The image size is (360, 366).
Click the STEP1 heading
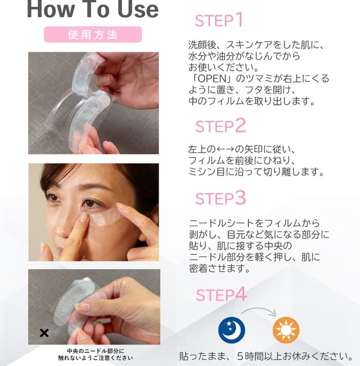219,20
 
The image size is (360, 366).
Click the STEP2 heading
220,126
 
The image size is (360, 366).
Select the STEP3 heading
220,198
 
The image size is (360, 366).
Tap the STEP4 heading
221,294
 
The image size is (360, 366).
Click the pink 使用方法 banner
93,34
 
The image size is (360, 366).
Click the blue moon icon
232,329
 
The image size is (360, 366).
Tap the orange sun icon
286,330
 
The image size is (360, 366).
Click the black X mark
44,333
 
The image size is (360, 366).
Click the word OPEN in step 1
212,79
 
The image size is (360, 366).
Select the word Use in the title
138,10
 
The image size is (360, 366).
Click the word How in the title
51,10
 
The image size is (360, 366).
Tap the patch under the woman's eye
105,217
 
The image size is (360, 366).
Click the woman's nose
62,227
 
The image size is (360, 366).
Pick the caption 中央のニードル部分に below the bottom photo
96,351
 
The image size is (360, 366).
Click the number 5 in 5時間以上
240,356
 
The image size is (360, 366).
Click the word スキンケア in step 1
249,45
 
